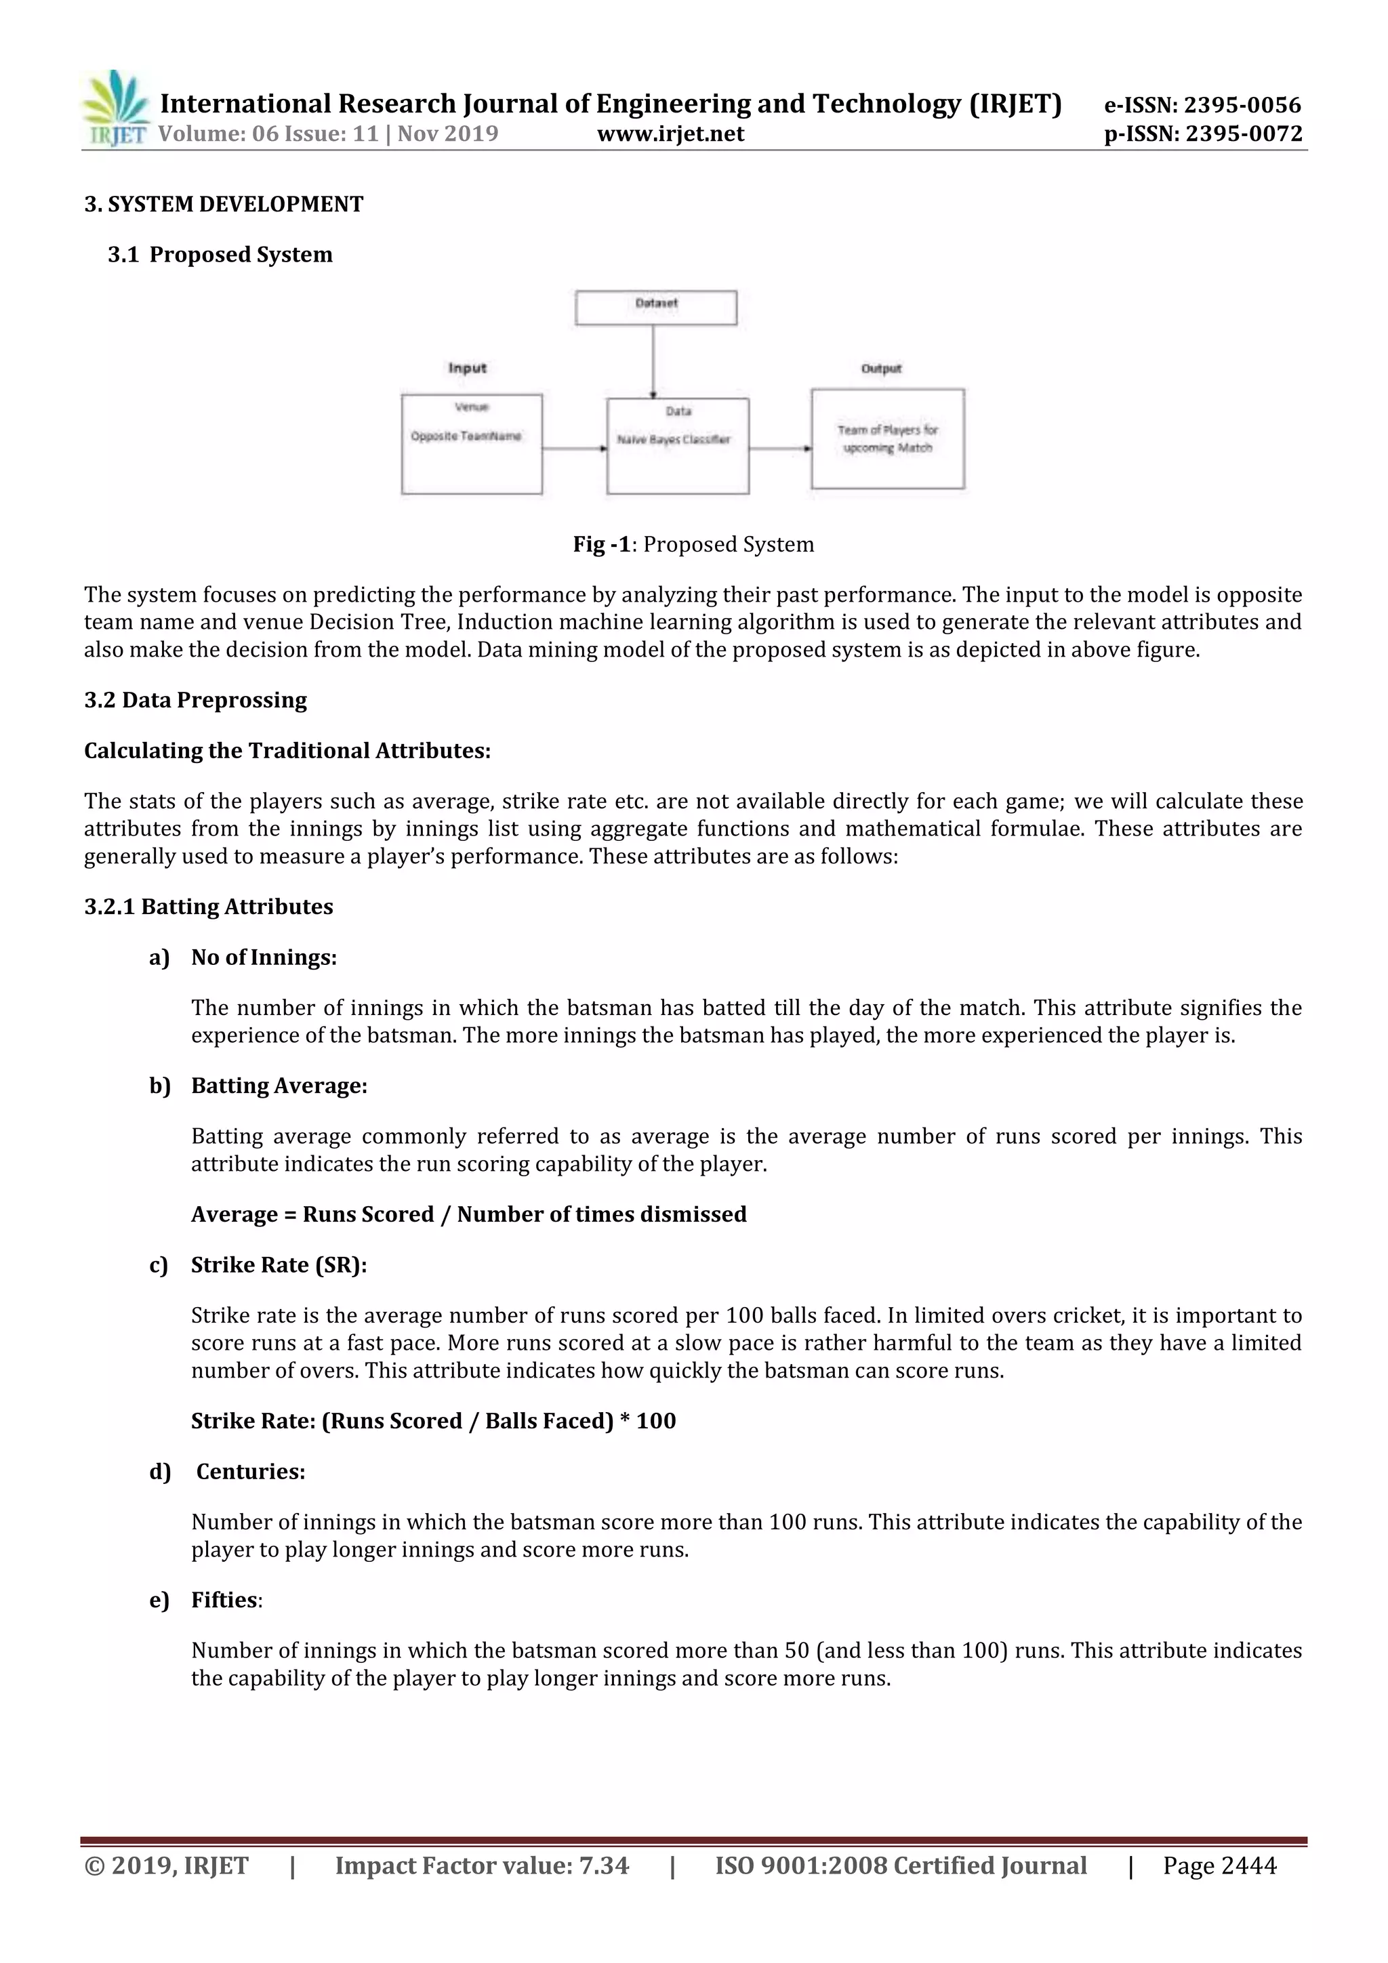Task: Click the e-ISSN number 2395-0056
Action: pos(1202,105)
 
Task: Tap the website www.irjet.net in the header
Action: pos(670,133)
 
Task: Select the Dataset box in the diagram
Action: pos(656,307)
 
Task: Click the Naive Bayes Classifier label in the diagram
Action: pos(674,440)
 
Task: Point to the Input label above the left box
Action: pos(467,368)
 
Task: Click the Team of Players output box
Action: pos(888,438)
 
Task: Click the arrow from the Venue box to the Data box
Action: pos(574,448)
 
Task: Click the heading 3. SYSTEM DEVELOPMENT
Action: pos(224,205)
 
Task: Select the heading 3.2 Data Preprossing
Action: pos(196,699)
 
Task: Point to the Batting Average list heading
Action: pos(279,1085)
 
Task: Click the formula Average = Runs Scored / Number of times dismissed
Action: pos(468,1214)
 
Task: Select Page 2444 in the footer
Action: pos(1219,1865)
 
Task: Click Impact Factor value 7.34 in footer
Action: pos(481,1865)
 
